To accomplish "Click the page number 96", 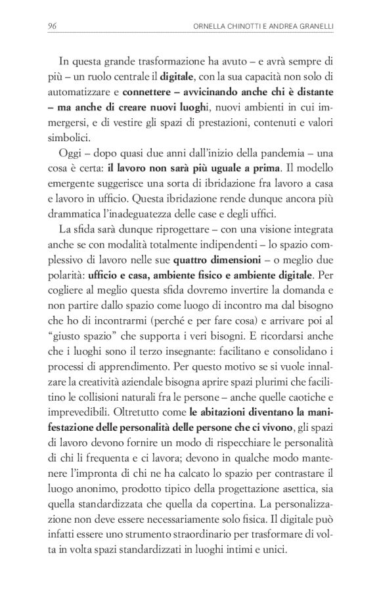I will point(52,25).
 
